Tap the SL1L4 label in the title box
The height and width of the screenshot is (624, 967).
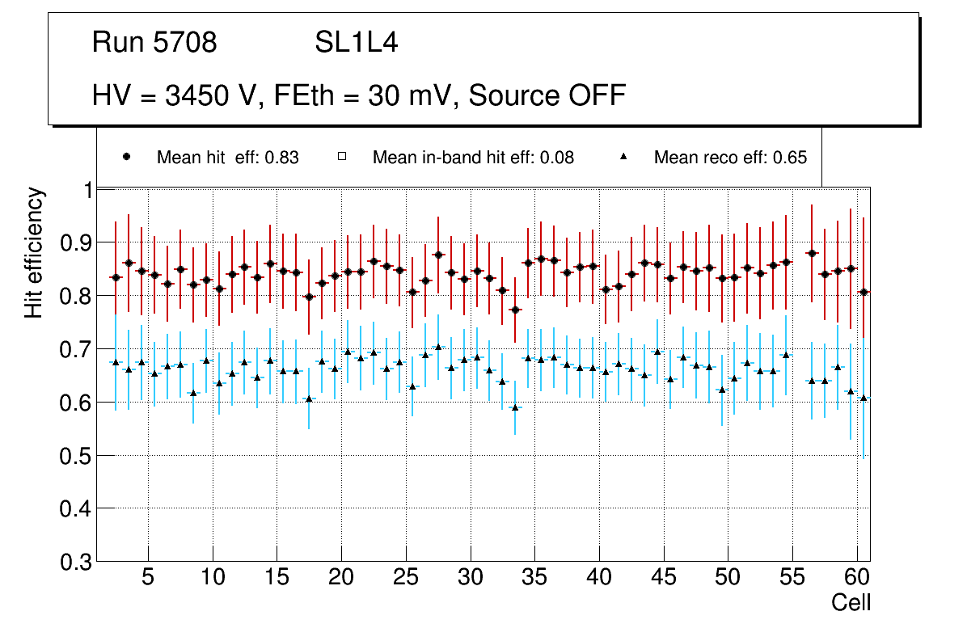coord(356,43)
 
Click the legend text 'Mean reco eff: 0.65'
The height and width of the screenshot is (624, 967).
coord(730,158)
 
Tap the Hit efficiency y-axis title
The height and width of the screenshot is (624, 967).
coord(34,252)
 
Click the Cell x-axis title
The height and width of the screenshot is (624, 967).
coord(851,602)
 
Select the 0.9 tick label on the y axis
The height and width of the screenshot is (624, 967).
coord(77,242)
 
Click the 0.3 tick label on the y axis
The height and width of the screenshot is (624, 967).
coord(77,562)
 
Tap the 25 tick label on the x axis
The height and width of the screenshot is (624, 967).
coord(405,579)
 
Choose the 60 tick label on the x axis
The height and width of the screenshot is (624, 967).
coord(857,579)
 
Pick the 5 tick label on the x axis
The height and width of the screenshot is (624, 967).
coord(147,579)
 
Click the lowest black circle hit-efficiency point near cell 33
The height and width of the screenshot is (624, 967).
coord(515,310)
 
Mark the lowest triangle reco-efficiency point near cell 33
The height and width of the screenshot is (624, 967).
coord(515,407)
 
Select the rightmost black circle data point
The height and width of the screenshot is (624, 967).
coord(864,292)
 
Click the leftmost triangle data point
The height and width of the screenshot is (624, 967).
coord(115,362)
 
